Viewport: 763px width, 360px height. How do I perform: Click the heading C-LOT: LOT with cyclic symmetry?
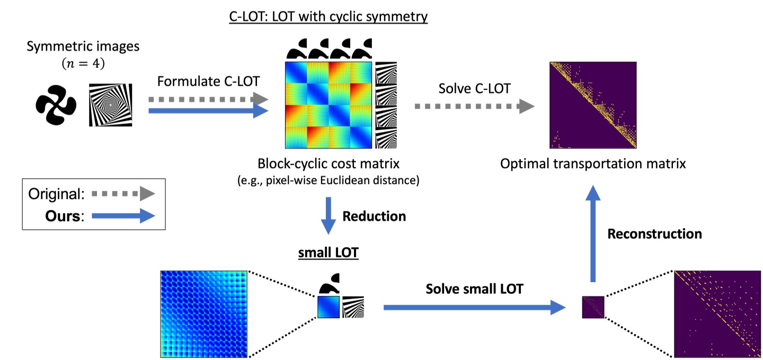(328, 16)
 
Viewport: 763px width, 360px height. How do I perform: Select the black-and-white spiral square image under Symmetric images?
(111, 104)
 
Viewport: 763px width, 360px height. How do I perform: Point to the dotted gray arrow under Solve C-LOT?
(474, 107)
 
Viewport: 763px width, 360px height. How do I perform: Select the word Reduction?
(374, 216)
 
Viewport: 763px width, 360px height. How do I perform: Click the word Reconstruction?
(654, 234)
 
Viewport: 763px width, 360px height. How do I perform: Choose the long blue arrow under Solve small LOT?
(474, 306)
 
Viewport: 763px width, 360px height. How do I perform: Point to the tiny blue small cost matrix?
(328, 307)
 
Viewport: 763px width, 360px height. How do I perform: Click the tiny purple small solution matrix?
(593, 307)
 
